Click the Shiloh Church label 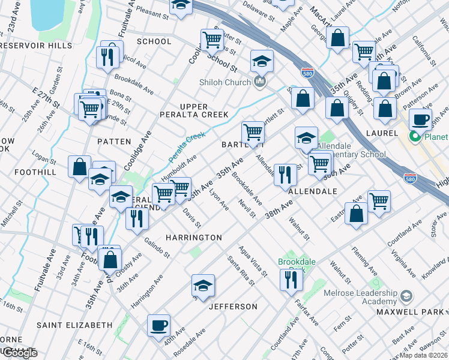click(x=225, y=82)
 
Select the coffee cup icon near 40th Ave click(x=159, y=325)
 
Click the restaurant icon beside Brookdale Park click(x=291, y=280)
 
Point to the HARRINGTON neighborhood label click(x=194, y=238)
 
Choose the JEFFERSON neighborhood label click(x=233, y=307)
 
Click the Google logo click(x=19, y=352)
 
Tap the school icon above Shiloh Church click(x=262, y=61)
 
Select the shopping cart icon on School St click(x=212, y=40)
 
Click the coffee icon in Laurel click(x=421, y=118)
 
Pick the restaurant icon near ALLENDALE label click(x=285, y=175)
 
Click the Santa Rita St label click(x=238, y=269)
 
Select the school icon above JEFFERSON click(x=203, y=285)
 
